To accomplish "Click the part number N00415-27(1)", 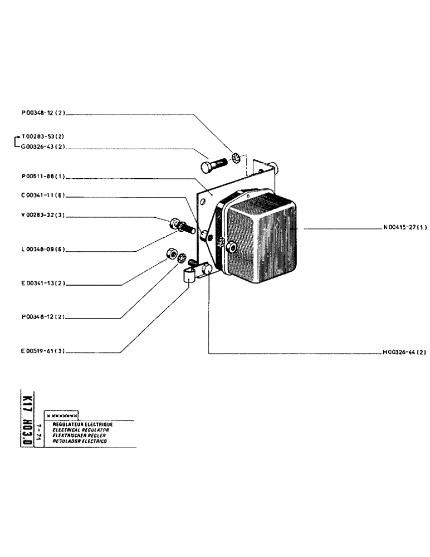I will pos(405,228).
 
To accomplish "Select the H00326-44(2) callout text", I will pos(404,353).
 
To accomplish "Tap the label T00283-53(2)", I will pos(44,136).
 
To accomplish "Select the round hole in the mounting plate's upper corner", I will pos(204,199).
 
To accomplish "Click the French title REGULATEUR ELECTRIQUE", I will pos(82,424).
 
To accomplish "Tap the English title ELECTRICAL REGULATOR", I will pos(80,430).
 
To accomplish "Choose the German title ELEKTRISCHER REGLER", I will pos(80,435).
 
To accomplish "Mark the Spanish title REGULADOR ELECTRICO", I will pos(80,441).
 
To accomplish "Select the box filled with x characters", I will pos(62,416).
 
